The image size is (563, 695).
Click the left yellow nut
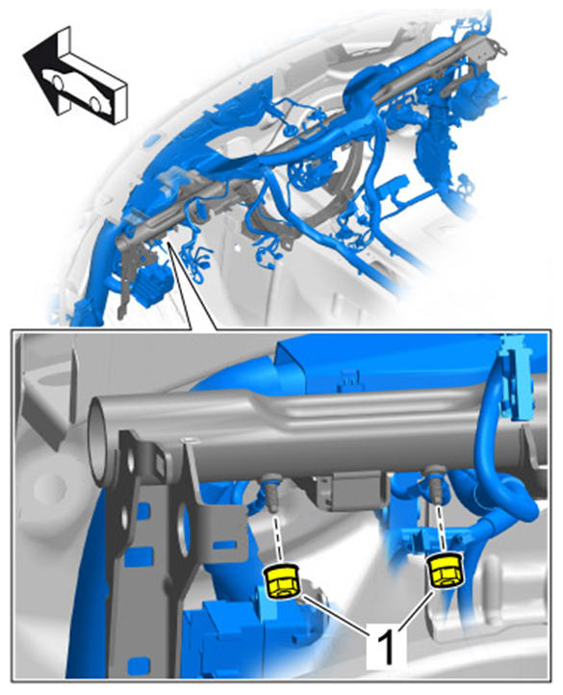pyautogui.click(x=282, y=581)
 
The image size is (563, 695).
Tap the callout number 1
pyautogui.click(x=385, y=648)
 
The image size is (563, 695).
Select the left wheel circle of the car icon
pyautogui.click(x=58, y=82)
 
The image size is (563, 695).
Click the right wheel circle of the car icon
pyautogui.click(x=95, y=103)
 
